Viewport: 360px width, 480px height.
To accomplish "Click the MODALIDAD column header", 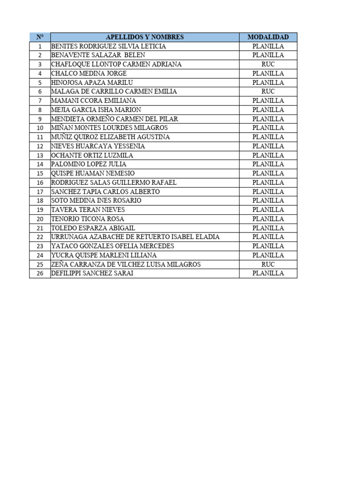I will click(268, 37).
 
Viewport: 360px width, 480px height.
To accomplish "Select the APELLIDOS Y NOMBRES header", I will click(145, 37).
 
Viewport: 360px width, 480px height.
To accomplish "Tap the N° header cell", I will click(40, 37).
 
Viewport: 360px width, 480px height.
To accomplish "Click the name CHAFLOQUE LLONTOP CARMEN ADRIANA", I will click(116, 64).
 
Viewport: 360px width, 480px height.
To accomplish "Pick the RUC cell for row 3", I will click(268, 64).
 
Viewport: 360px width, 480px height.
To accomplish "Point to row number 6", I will click(40, 92).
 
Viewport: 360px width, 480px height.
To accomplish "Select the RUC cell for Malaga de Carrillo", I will click(268, 91).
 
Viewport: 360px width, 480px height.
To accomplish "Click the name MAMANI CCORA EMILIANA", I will click(93, 101).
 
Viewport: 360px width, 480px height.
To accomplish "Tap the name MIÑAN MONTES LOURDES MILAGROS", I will click(109, 128).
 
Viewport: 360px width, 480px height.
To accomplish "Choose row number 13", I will click(40, 156).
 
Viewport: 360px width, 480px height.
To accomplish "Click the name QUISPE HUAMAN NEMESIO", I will click(93, 173).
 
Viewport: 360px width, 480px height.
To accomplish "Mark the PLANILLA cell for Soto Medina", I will click(268, 201).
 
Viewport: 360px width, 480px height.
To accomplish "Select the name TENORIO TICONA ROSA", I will click(88, 219).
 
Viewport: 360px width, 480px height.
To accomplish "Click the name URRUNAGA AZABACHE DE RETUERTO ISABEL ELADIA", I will click(135, 237).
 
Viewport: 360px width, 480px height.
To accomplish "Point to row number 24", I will click(40, 255).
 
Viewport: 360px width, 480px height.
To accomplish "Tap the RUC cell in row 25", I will click(268, 264).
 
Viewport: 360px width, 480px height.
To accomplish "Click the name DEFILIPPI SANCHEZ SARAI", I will click(92, 273).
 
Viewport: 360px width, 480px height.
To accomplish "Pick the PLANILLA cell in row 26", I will click(268, 273).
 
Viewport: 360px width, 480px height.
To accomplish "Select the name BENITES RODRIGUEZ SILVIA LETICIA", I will click(108, 46).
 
